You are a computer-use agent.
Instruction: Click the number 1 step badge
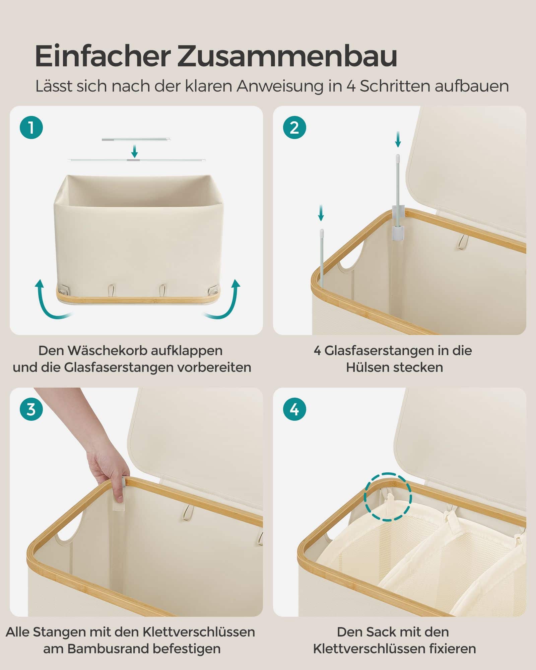[x=31, y=128]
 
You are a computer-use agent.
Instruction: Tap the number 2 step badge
[x=294, y=128]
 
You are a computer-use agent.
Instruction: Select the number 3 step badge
[x=31, y=409]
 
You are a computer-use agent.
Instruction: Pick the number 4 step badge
[x=294, y=409]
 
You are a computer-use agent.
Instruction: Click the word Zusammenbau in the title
[x=287, y=56]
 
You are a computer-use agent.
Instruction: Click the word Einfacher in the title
[x=103, y=56]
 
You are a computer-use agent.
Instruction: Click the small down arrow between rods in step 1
[x=134, y=151]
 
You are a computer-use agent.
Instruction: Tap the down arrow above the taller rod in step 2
[x=398, y=139]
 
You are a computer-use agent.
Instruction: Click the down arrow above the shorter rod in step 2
[x=321, y=213]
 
